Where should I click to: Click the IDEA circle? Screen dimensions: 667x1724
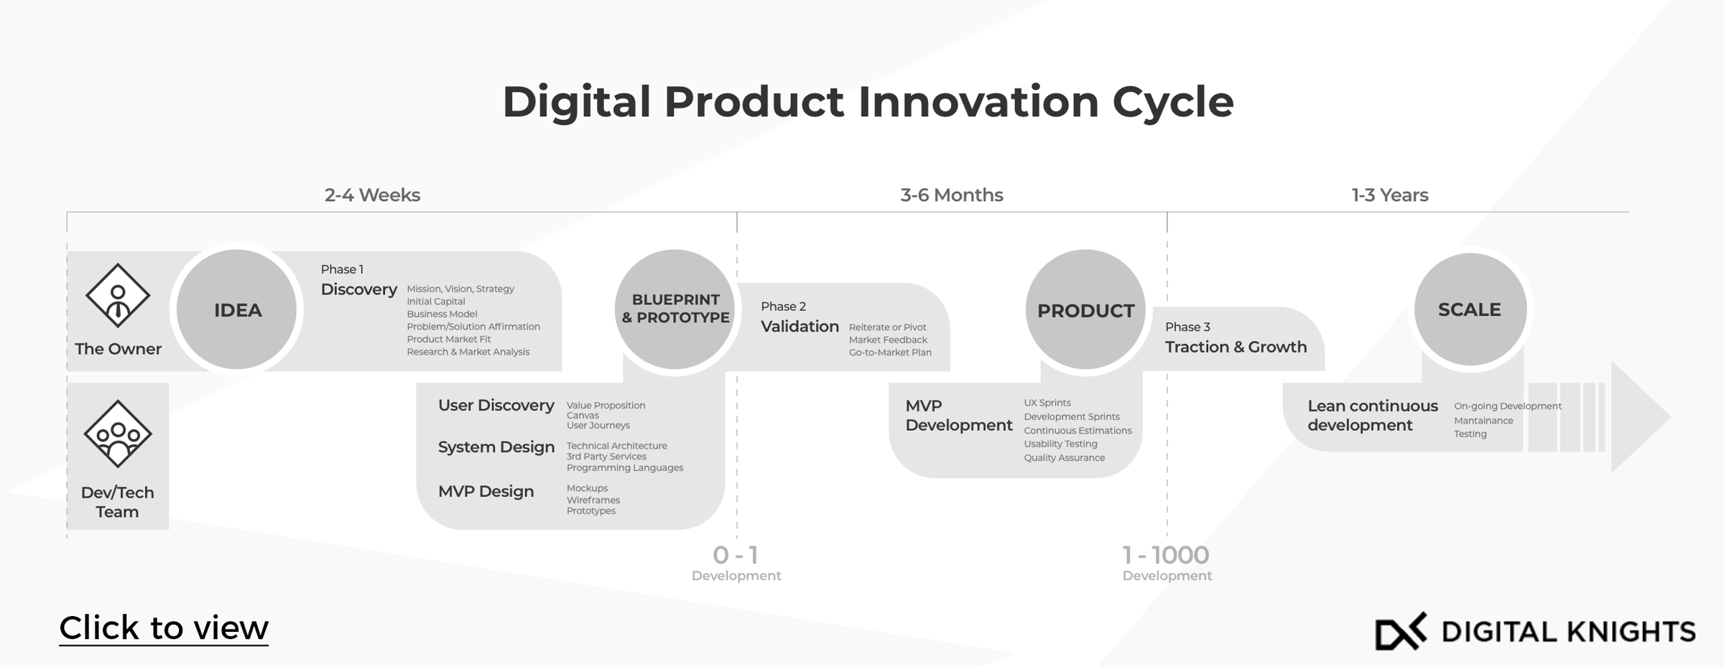tap(237, 309)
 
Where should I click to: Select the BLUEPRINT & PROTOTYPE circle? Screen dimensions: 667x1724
tap(675, 309)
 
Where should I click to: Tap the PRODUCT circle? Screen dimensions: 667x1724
tap(1085, 310)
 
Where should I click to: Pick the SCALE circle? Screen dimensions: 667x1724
tap(1470, 309)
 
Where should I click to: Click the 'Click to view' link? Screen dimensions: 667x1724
tap(164, 628)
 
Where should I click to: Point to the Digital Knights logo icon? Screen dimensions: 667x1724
tap(1400, 632)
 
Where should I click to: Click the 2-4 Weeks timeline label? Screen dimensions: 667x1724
tap(372, 195)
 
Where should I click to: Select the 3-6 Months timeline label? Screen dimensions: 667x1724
tap(952, 195)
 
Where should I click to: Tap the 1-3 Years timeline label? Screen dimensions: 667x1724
tap(1389, 195)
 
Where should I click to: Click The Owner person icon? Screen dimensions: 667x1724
tap(118, 295)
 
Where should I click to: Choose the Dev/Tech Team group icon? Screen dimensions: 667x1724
tap(118, 434)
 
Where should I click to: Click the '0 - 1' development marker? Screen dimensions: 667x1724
tap(736, 555)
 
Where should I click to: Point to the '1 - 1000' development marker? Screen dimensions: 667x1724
tap(1166, 555)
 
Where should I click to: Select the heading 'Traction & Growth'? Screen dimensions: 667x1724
tap(1236, 347)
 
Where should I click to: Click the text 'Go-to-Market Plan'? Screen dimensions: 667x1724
tap(890, 353)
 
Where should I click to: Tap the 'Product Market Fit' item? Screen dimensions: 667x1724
tap(449, 339)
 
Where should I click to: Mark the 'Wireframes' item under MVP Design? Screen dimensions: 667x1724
tap(593, 500)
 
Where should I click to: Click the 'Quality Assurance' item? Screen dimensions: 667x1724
tap(1064, 457)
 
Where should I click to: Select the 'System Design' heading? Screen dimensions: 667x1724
tap(496, 447)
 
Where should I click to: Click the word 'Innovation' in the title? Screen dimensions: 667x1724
tap(978, 102)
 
